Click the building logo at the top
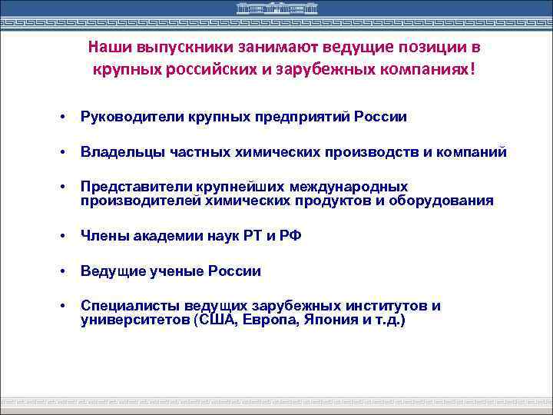[x=276, y=10]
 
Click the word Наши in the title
[x=105, y=48]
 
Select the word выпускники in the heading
[x=171, y=48]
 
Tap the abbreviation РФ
[x=291, y=236]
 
